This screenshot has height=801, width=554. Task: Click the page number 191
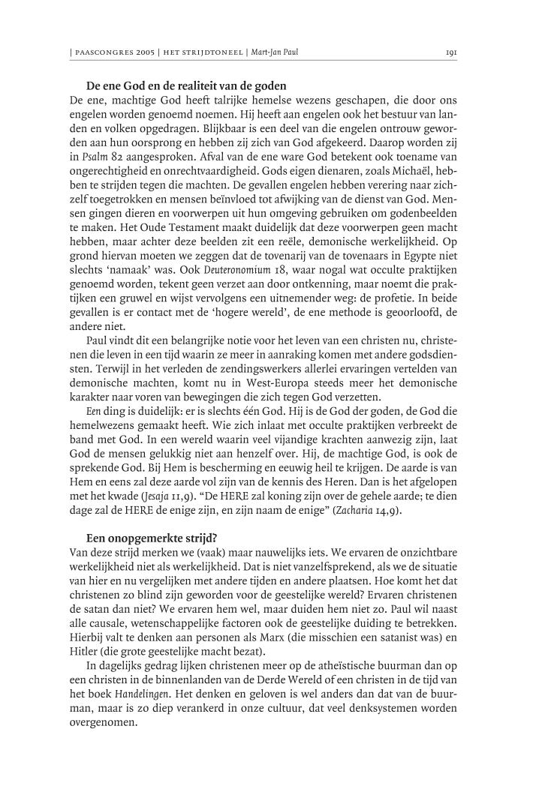point(451,53)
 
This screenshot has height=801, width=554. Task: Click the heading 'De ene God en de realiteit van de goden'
point(186,86)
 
